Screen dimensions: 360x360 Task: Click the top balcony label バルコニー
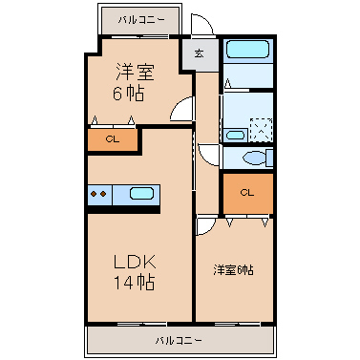[141, 20]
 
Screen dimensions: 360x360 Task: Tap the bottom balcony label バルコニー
[179, 341]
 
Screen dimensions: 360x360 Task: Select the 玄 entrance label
[200, 53]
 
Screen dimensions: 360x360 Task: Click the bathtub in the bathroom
[247, 50]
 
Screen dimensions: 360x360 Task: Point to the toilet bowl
[255, 158]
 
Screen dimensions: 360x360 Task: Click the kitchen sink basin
[141, 194]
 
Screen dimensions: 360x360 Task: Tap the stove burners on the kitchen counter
[98, 194]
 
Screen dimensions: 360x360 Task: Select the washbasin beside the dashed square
[235, 136]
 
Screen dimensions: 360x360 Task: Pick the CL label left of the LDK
[113, 139]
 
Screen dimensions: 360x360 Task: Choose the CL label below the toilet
[247, 193]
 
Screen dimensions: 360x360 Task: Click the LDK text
[135, 262]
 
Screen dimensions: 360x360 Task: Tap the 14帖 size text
[135, 283]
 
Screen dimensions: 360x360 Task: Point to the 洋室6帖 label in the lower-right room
[233, 270]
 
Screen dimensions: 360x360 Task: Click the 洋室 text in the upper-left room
[135, 72]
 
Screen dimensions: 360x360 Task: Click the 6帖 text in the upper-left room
[129, 94]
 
